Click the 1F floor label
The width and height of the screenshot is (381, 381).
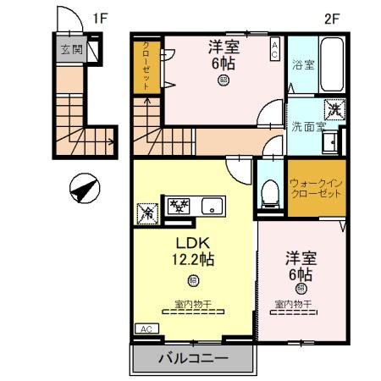(x=101, y=17)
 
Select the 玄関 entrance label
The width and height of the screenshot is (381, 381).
(x=70, y=49)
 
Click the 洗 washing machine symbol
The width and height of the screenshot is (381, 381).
(x=334, y=109)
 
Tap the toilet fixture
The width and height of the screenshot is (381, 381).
(x=270, y=193)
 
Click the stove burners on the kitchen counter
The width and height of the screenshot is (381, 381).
(x=179, y=205)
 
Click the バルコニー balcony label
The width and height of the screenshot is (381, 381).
(x=192, y=359)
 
